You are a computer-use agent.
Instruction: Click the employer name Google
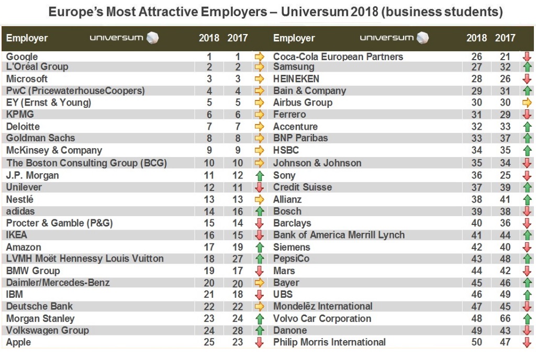(22, 57)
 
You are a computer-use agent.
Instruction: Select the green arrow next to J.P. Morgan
(259, 176)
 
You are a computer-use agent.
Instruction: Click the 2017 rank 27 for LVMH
(238, 259)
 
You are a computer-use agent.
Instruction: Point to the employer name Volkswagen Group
(48, 330)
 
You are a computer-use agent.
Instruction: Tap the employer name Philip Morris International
(329, 342)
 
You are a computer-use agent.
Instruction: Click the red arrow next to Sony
(527, 176)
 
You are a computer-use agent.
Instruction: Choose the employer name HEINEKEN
(296, 78)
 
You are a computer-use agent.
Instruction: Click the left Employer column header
(27, 38)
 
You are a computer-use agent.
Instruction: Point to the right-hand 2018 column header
(476, 38)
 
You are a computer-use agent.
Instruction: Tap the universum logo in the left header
(124, 38)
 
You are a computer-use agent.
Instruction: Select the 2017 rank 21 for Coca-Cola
(505, 57)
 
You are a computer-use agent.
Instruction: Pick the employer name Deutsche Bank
(39, 306)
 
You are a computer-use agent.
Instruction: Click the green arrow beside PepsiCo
(527, 259)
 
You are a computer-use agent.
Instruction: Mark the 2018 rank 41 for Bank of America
(476, 235)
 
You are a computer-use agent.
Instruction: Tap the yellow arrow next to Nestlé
(259, 199)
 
